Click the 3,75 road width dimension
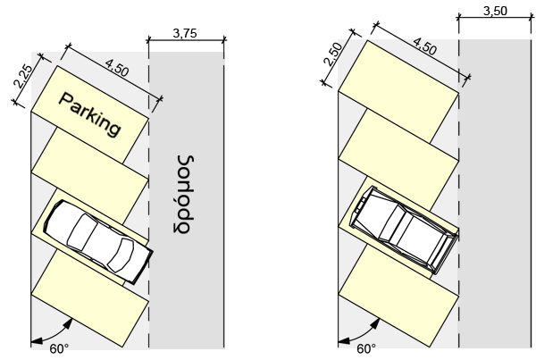(x=184, y=34)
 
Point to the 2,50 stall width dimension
(x=331, y=54)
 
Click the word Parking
(x=89, y=113)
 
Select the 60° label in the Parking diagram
(x=59, y=347)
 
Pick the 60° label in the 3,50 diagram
(x=366, y=347)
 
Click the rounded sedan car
(x=96, y=239)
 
